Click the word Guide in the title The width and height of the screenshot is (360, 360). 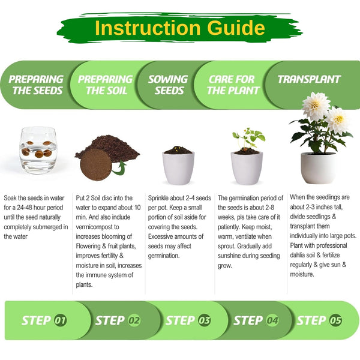pos(236,28)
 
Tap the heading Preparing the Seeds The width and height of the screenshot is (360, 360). pos(36,85)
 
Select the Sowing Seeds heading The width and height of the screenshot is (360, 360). pos(168,85)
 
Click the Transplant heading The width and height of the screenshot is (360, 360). pos(309,79)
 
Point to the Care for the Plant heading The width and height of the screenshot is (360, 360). pos(233,85)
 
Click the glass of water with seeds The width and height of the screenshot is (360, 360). pos(38,151)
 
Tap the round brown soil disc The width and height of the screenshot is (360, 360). pos(96,164)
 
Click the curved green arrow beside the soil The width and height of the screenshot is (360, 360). pos(119,168)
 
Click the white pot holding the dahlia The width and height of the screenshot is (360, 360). pos(318,168)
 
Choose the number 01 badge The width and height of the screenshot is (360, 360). pos(61,320)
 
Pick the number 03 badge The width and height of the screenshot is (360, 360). pos(204,320)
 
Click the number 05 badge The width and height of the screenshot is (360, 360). pos(335,320)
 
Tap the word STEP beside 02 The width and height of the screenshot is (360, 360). pos(110,320)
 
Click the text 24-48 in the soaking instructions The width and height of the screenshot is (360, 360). pos(26,208)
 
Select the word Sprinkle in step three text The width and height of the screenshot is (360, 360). pos(158,198)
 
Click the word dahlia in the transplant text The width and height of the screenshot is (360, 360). pos(298,255)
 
